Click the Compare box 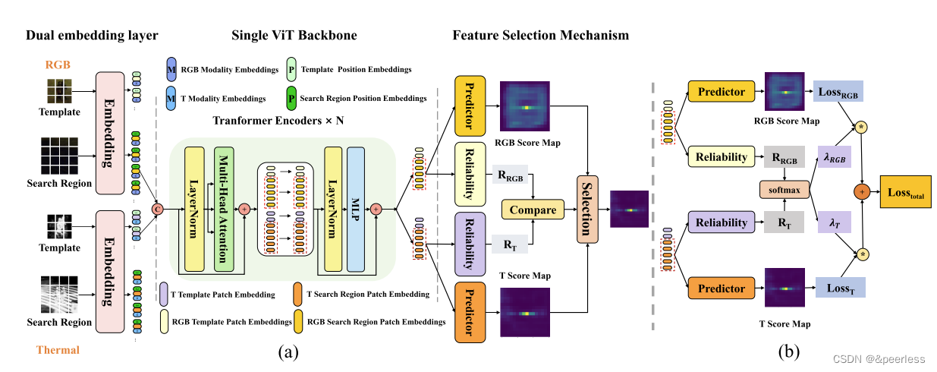(x=533, y=210)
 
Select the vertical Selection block (x=587, y=210)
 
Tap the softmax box (x=784, y=190)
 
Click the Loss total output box (x=906, y=192)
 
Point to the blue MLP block (x=356, y=210)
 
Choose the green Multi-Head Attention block (x=224, y=210)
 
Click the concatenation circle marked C (x=158, y=210)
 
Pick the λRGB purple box (x=834, y=157)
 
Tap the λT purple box (x=834, y=222)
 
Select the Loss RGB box (x=838, y=92)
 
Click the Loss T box (x=841, y=288)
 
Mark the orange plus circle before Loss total (x=862, y=191)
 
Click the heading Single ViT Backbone (x=294, y=35)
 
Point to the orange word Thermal (x=58, y=350)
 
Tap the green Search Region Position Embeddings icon (x=291, y=99)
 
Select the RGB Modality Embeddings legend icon (x=171, y=69)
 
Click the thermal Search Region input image (x=59, y=295)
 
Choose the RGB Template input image (x=59, y=91)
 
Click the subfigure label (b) (x=788, y=352)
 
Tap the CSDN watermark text (x=879, y=359)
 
